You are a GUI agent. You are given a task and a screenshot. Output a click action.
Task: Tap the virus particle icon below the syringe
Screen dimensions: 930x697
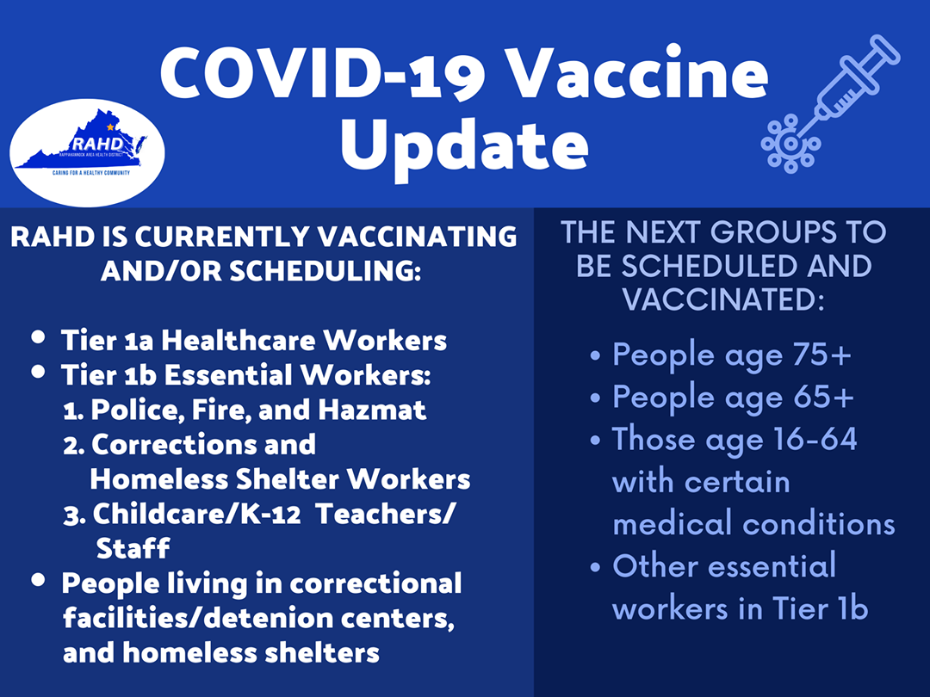(790, 144)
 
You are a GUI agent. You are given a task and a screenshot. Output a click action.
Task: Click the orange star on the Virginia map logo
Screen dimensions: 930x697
(109, 126)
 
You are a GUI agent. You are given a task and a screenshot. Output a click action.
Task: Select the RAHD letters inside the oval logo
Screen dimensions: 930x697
(98, 144)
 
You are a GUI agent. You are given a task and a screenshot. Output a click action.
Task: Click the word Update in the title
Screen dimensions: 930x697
(464, 145)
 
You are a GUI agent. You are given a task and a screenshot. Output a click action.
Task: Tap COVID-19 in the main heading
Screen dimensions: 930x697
(323, 73)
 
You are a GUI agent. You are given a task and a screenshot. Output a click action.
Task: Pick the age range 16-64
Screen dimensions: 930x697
(815, 439)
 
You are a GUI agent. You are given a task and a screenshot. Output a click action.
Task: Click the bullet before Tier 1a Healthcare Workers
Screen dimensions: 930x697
(39, 336)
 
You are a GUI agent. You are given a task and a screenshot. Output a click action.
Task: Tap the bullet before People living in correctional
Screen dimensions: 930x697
(39, 579)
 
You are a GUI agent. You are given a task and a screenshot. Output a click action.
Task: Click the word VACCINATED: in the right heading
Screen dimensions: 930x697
(723, 299)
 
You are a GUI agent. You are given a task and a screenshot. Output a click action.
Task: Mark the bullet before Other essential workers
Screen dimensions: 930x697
(596, 567)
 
